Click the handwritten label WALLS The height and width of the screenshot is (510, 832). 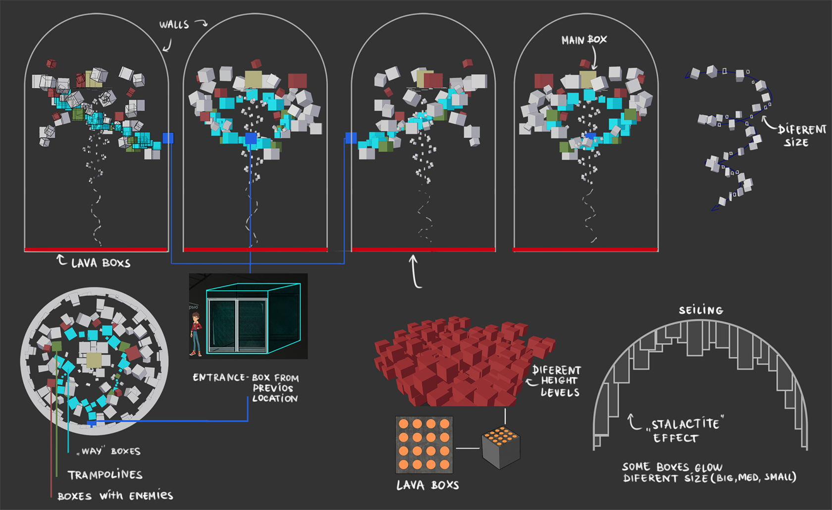(x=174, y=24)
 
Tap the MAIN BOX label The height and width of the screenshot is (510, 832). (x=584, y=40)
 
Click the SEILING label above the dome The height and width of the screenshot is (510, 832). (x=701, y=310)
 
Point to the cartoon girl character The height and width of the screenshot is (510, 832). (x=196, y=335)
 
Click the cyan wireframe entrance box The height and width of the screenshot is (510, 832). (x=253, y=318)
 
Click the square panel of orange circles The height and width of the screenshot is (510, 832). (x=424, y=444)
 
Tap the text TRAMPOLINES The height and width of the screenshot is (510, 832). (x=105, y=475)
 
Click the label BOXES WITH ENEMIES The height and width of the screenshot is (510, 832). (x=115, y=496)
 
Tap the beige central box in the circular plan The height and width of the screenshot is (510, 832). (x=94, y=360)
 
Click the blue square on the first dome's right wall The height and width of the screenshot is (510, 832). (x=168, y=138)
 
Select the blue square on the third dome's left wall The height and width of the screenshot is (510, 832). (x=351, y=138)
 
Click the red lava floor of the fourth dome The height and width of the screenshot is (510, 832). (x=585, y=249)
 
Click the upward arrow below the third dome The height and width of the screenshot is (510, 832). (x=415, y=271)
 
